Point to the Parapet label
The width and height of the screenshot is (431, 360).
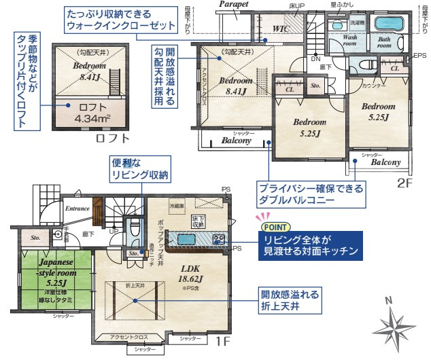click(233, 5)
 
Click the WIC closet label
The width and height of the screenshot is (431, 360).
click(281, 29)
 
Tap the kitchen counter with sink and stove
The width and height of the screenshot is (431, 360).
click(196, 238)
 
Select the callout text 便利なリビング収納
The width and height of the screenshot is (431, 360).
click(140, 169)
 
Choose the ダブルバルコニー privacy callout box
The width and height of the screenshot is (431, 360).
click(309, 194)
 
